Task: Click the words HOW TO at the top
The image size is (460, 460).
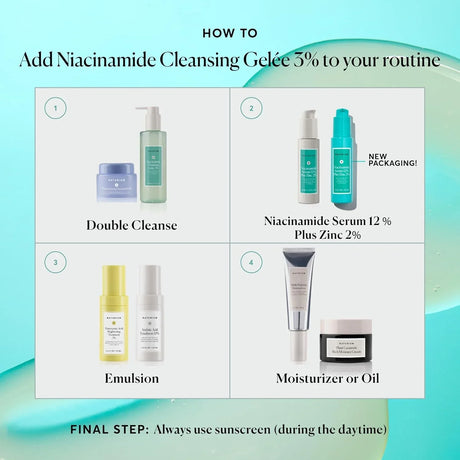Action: tap(229, 31)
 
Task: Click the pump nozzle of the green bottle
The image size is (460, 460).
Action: tap(151, 111)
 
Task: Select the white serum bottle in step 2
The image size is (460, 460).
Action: tap(307, 158)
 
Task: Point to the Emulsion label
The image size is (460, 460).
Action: tap(133, 379)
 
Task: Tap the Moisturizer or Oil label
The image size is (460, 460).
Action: tap(326, 379)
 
